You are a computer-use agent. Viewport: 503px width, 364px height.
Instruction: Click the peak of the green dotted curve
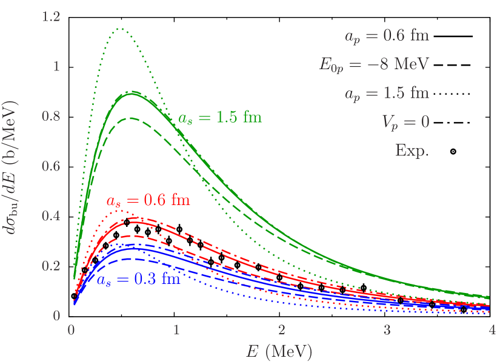(121, 29)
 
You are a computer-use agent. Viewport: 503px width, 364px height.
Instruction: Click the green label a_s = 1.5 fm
(220, 118)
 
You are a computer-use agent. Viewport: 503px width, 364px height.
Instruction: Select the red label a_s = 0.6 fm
(148, 200)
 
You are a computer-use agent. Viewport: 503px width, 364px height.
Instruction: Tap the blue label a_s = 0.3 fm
(138, 280)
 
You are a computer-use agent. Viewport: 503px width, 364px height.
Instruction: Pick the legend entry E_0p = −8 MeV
(375, 64)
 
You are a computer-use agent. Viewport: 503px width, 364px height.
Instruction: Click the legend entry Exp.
(411, 150)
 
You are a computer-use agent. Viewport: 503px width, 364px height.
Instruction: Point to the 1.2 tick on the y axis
(52, 17)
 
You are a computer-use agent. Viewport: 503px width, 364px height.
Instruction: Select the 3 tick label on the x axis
(387, 331)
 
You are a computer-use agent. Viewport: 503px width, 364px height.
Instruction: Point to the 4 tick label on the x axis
(491, 331)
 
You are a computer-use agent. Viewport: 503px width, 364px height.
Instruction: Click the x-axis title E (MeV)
(279, 351)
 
